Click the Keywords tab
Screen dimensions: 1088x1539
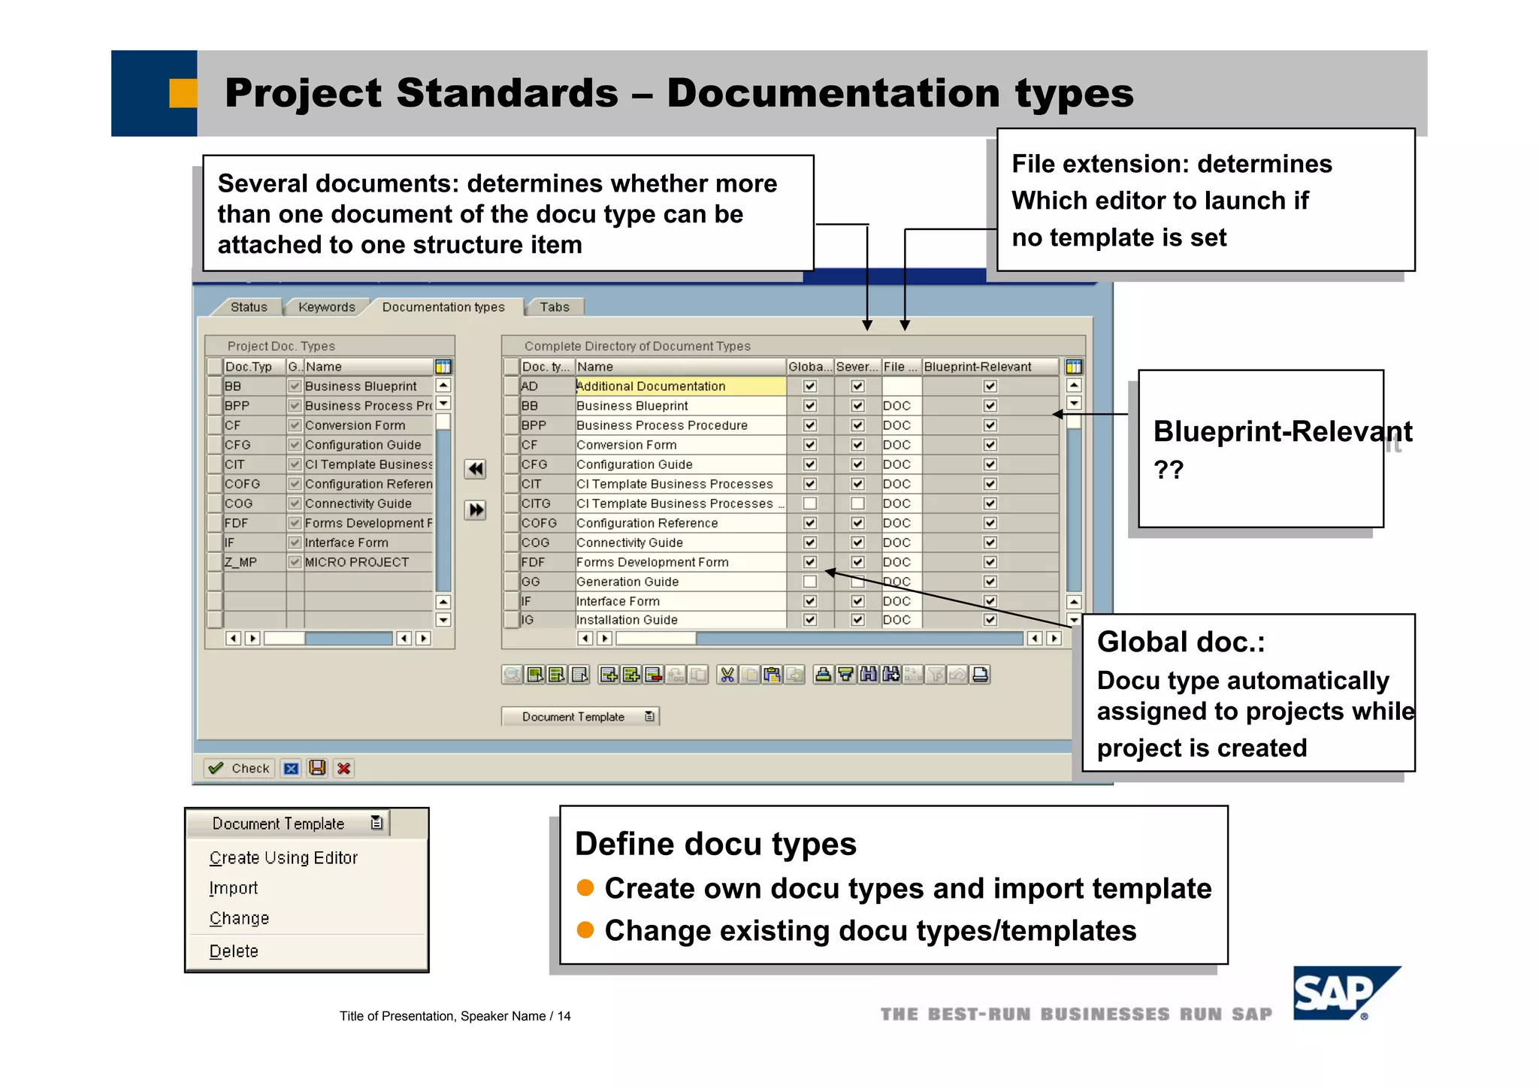(x=326, y=307)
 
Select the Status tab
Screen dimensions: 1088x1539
(x=249, y=307)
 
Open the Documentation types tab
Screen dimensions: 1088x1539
(x=443, y=307)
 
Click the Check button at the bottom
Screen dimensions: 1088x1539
(x=240, y=768)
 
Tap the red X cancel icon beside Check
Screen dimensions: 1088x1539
(x=344, y=768)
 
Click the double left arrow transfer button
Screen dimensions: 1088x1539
(x=475, y=470)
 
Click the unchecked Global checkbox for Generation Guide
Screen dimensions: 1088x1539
(x=809, y=582)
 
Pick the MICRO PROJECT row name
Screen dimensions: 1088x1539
(x=357, y=562)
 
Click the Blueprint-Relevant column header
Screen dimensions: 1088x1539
(x=978, y=367)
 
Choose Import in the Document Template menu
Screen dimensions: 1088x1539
(x=234, y=888)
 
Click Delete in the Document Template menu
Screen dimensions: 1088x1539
(x=234, y=951)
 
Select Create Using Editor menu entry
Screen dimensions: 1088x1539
(x=283, y=858)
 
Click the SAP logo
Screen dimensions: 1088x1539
(x=1345, y=993)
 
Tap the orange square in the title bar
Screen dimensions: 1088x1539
(x=183, y=93)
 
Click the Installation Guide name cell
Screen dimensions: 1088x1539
(x=627, y=620)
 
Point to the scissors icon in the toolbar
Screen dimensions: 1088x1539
(x=727, y=675)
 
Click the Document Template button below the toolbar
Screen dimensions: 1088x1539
(x=579, y=717)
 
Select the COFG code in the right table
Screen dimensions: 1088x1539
(x=540, y=523)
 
